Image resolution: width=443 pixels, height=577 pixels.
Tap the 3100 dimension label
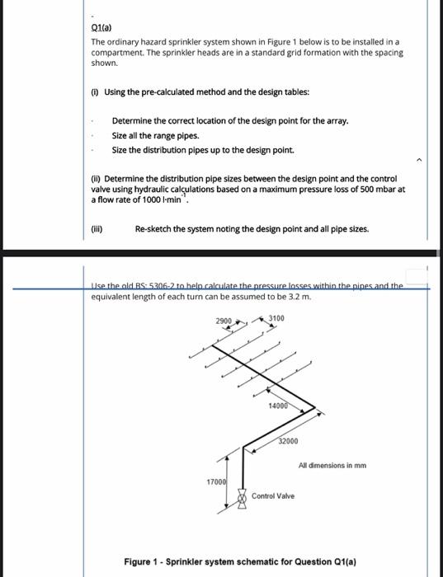click(276, 318)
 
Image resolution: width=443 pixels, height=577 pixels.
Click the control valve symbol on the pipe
click(242, 498)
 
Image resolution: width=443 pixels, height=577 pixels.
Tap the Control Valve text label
click(274, 496)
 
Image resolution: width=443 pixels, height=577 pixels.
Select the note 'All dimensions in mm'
click(332, 465)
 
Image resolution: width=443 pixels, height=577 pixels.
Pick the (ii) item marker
click(96, 179)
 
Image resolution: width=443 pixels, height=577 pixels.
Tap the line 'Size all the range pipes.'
click(155, 135)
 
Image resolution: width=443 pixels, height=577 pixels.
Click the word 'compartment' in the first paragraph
click(115, 51)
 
